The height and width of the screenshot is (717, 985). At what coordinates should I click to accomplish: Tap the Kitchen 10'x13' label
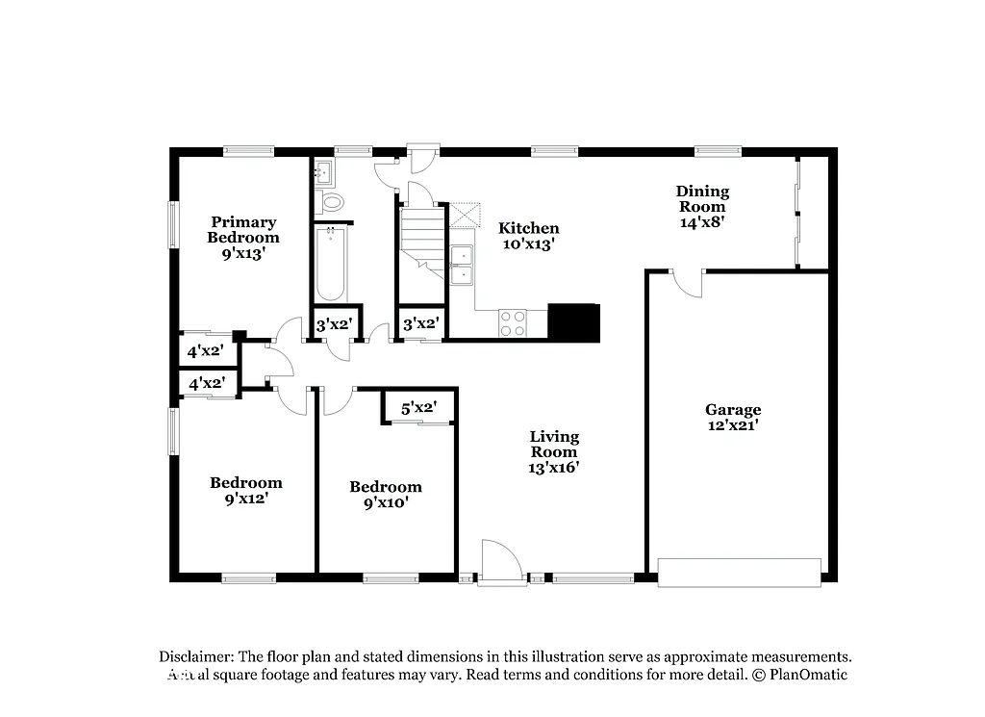click(528, 236)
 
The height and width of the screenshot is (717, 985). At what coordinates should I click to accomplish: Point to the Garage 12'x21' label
click(732, 417)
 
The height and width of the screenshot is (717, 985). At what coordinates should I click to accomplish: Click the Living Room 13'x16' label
click(554, 451)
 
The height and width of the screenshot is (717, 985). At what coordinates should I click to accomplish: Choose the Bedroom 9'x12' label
click(246, 490)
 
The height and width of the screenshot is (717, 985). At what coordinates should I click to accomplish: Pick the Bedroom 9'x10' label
click(385, 494)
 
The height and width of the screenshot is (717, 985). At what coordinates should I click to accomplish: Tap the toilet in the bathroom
click(332, 202)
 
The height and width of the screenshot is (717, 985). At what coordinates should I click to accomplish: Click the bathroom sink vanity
click(323, 173)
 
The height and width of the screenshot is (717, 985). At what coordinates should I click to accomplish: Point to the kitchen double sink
click(462, 265)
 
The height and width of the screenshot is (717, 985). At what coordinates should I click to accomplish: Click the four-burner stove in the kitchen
click(513, 323)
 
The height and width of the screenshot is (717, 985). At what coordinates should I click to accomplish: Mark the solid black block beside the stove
click(573, 321)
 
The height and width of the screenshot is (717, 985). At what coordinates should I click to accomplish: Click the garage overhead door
click(739, 572)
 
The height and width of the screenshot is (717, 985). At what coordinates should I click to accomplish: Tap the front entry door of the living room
click(501, 563)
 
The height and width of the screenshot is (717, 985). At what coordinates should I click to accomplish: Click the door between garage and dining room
click(687, 282)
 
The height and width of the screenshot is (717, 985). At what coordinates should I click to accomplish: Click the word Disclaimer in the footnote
click(196, 656)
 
